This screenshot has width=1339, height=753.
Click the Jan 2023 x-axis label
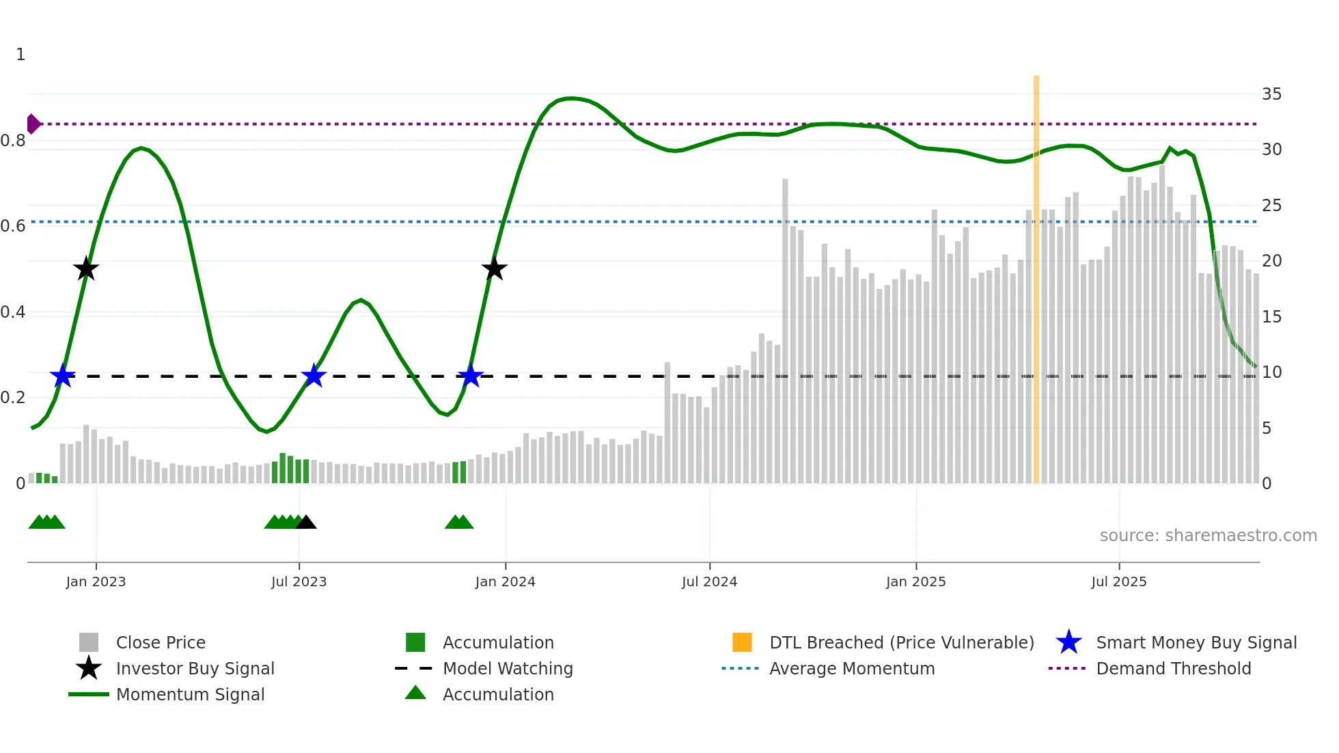click(96, 581)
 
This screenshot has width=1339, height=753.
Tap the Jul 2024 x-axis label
click(709, 581)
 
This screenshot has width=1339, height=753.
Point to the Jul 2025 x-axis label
click(1118, 581)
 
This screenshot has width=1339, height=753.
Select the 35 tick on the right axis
click(1271, 94)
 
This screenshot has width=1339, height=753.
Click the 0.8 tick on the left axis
click(13, 141)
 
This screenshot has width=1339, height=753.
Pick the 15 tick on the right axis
click(1271, 317)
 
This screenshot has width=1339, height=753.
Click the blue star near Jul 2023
click(314, 376)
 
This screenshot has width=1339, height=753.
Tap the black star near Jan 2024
click(494, 269)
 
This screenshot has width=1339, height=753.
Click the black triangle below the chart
click(306, 523)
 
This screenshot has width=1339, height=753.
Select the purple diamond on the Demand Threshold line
click(33, 124)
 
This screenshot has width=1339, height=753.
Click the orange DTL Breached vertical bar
click(1036, 273)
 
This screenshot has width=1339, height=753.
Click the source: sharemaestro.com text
click(1208, 536)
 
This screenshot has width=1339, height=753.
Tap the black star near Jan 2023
click(86, 269)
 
